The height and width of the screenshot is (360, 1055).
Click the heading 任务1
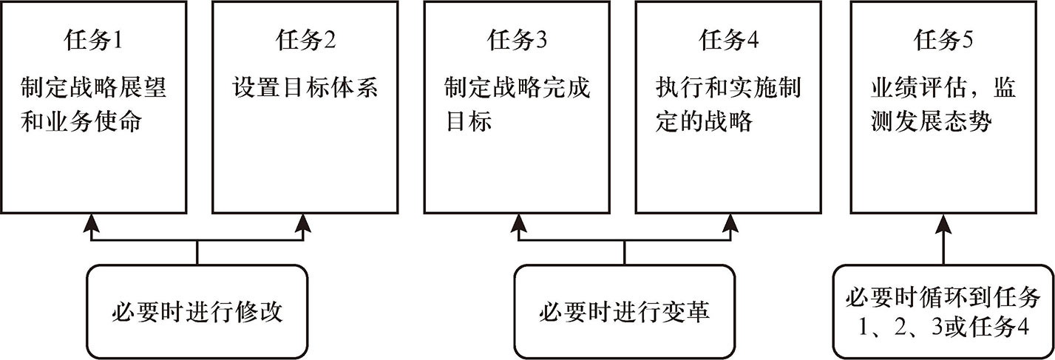click(x=93, y=40)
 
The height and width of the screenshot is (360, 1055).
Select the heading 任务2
click(x=305, y=40)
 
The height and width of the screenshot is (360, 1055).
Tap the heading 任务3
click(x=517, y=40)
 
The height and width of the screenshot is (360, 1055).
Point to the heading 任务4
click(x=729, y=40)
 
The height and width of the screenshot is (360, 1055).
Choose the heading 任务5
click(x=943, y=40)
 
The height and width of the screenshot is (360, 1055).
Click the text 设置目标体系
click(x=305, y=88)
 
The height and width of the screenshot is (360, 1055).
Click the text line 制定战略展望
click(x=93, y=88)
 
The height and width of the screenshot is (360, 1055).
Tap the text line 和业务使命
click(x=81, y=121)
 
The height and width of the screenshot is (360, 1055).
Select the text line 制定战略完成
click(x=517, y=88)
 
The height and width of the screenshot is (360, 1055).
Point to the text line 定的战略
click(x=704, y=121)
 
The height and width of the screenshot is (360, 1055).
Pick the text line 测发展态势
click(x=931, y=121)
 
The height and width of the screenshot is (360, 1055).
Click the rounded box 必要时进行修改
click(x=197, y=312)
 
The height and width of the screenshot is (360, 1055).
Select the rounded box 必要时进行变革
click(x=625, y=312)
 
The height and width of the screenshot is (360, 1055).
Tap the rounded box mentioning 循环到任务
click(x=943, y=312)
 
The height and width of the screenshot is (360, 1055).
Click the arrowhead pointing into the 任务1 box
click(x=92, y=223)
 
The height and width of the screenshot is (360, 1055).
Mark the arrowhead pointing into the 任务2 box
click(x=303, y=223)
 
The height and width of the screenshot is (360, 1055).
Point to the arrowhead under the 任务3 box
click(x=518, y=223)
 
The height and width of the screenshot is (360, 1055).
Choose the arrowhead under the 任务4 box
click(x=730, y=223)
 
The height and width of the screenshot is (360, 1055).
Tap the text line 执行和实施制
click(x=729, y=88)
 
